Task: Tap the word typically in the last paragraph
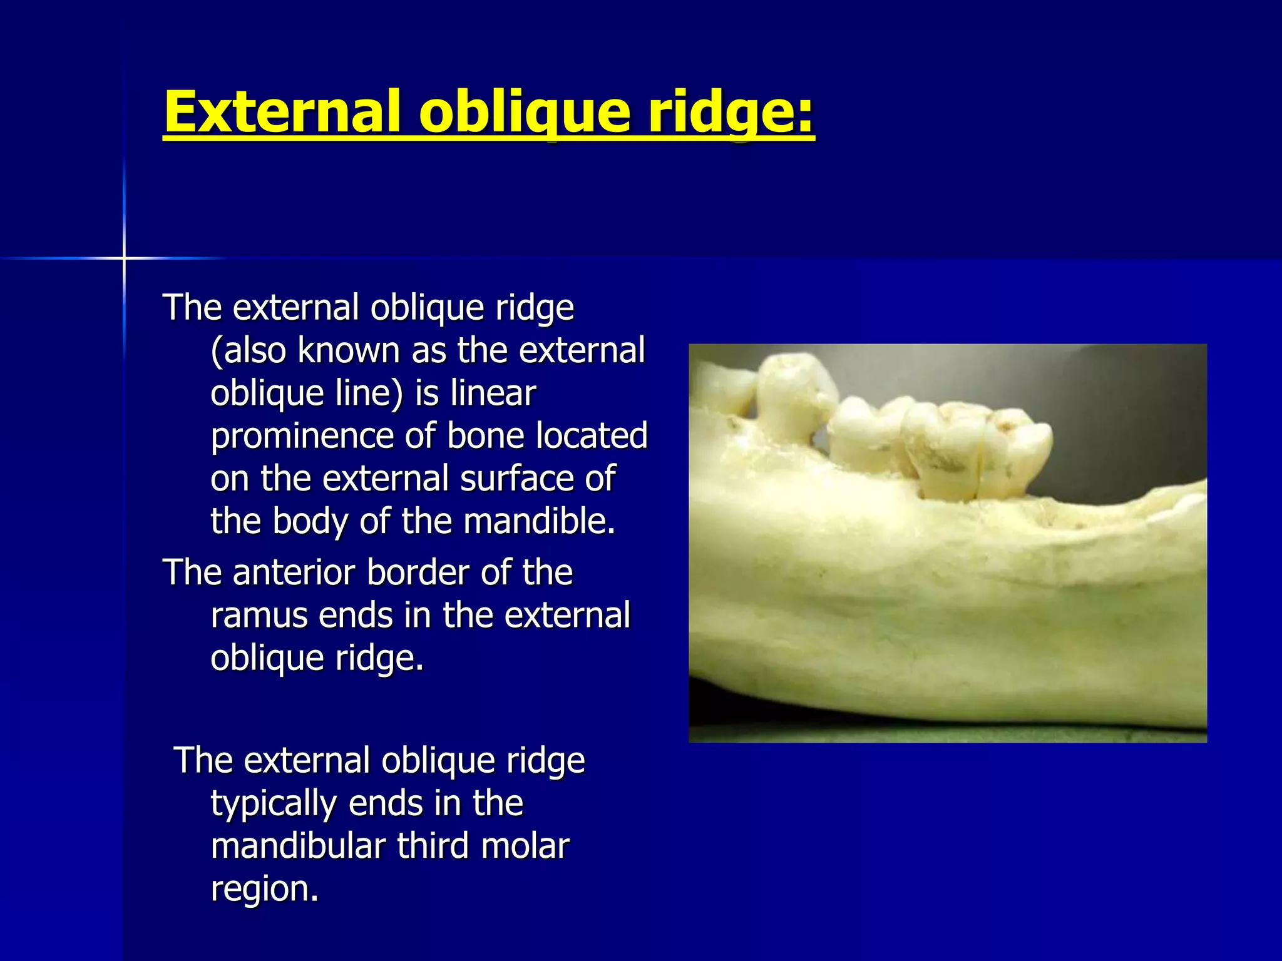[274, 804]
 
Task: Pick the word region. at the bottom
[264, 888]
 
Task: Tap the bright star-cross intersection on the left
[124, 258]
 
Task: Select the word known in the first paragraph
[349, 351]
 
